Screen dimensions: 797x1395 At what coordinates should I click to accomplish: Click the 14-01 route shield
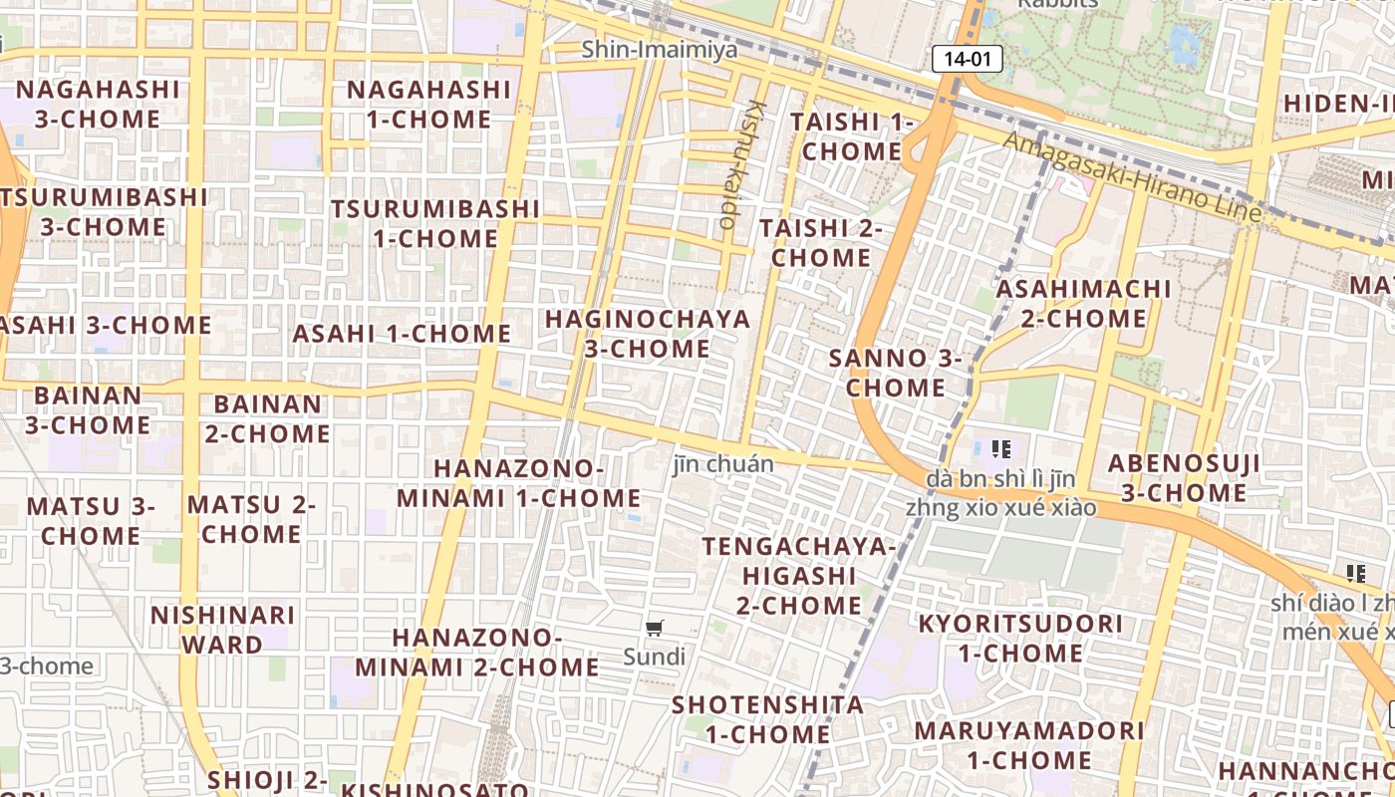[967, 59]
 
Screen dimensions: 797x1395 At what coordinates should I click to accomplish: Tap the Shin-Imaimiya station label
[660, 49]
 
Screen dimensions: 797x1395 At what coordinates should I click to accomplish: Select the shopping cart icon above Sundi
[655, 628]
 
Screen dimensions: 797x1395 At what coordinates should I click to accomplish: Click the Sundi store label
[655, 657]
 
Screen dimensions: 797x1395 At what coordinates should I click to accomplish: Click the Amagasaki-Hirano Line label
[1132, 177]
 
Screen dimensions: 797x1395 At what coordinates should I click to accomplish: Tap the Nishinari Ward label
[222, 629]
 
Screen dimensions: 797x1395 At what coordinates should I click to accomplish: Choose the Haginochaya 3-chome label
[647, 334]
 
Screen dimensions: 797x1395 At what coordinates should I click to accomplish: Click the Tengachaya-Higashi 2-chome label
[799, 575]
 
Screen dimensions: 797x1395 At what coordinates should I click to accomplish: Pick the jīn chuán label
[723, 463]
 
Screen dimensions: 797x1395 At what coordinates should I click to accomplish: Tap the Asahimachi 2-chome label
[1084, 304]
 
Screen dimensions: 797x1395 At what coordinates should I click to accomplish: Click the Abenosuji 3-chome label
[1184, 478]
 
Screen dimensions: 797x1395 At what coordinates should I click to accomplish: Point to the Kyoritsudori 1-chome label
[1020, 639]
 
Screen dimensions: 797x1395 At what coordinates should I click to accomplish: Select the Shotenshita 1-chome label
[767, 719]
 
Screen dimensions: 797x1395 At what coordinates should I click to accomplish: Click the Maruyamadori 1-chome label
[1029, 744]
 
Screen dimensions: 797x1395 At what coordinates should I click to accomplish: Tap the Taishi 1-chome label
[852, 136]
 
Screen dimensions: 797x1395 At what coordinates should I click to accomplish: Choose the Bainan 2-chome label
[268, 419]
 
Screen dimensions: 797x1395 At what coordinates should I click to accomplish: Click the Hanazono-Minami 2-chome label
[477, 652]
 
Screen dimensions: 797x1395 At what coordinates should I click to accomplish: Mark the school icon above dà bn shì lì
[1001, 449]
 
